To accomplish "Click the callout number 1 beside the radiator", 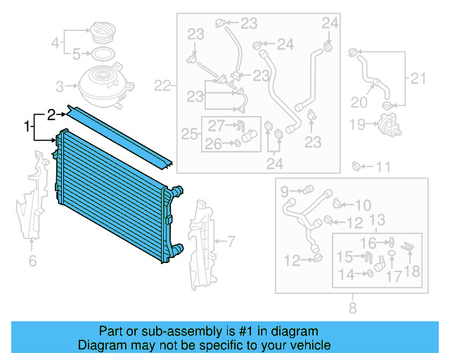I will pos(28,127).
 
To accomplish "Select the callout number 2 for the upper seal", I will pos(51,112).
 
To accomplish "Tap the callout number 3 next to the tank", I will pos(60,86).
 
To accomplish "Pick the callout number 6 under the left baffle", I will pos(32,262).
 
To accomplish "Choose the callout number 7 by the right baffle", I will pos(231,243).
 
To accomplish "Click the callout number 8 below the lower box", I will pos(352,307).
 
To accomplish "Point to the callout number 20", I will pos(359,103).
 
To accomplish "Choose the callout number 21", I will pos(419,78).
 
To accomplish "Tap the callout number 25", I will pos(188,133).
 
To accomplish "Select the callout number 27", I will pos(216,127).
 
